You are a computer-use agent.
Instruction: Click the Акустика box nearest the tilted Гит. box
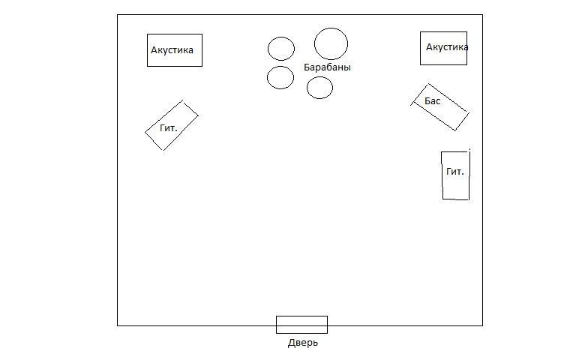pos(174,50)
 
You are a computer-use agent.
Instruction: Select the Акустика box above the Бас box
pos(443,48)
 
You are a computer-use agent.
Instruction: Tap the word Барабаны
pos(327,67)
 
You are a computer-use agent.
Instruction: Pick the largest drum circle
pos(331,43)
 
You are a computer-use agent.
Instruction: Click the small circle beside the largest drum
pos(281,49)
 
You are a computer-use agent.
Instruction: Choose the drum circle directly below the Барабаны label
pos(319,88)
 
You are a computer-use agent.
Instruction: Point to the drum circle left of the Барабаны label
pos(280,77)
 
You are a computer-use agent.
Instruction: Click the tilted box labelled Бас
pos(441,107)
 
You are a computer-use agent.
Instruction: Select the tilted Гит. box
pos(172,125)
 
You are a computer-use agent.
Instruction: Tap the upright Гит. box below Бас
pos(455,175)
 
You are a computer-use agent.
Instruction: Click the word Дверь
pos(303,343)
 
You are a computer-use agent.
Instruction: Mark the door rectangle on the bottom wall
pos(301,325)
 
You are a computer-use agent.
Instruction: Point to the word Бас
pos(433,100)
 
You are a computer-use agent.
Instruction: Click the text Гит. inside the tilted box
pos(169,128)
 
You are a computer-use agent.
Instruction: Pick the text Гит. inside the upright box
pos(455,172)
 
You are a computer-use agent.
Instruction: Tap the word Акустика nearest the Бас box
pos(447,47)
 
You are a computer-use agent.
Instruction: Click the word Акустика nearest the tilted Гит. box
pos(172,50)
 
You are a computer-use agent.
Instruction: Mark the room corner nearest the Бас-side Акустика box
pos(482,14)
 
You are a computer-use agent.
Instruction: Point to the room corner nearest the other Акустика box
pos(118,14)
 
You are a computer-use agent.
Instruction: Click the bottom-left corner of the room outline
pos(118,325)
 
